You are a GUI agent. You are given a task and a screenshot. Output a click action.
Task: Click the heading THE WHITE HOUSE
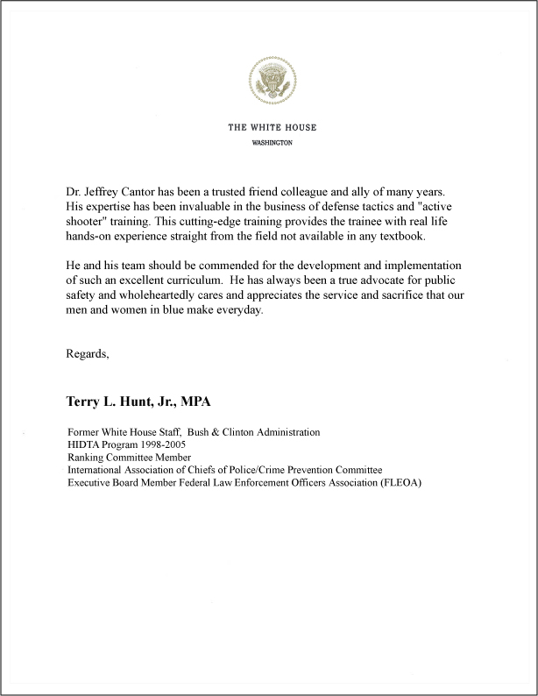point(272,127)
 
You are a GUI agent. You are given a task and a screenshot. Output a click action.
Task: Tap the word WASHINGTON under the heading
point(272,142)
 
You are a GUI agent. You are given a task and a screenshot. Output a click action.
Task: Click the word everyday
point(237,311)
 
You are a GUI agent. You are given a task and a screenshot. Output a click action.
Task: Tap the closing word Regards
point(88,354)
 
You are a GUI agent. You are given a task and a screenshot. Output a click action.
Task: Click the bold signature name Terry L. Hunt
point(117,401)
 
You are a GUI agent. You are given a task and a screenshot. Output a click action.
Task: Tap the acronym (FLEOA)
point(400,482)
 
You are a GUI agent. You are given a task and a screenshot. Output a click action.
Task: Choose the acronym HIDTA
point(83,444)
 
